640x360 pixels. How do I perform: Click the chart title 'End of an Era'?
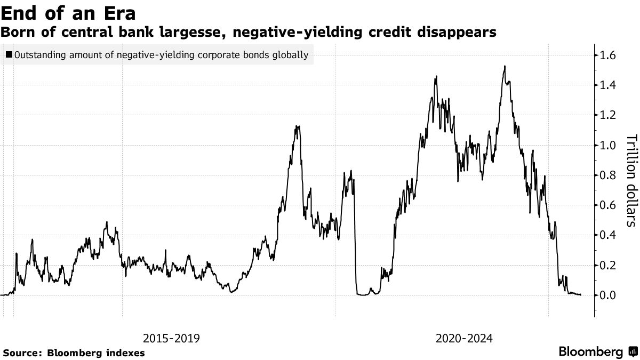[68, 13]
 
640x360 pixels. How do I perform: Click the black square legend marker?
[10, 54]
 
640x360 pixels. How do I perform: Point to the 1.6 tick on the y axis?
[609, 55]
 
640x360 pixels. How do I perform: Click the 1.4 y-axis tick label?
[609, 85]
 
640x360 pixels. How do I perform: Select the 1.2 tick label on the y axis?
[609, 115]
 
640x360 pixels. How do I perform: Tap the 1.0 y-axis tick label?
[609, 145]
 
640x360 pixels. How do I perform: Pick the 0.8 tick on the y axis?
[609, 175]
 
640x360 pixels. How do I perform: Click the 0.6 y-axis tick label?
[609, 205]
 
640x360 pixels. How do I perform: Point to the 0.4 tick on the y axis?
[609, 235]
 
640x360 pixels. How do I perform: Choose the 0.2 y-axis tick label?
[609, 265]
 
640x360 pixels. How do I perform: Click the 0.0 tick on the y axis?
[609, 295]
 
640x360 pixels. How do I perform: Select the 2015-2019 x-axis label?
[171, 338]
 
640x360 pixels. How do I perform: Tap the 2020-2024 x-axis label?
[464, 338]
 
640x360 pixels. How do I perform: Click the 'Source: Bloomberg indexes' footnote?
[74, 353]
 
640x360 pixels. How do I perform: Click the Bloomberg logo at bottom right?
[597, 351]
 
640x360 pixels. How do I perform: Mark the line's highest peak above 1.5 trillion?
[505, 67]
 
